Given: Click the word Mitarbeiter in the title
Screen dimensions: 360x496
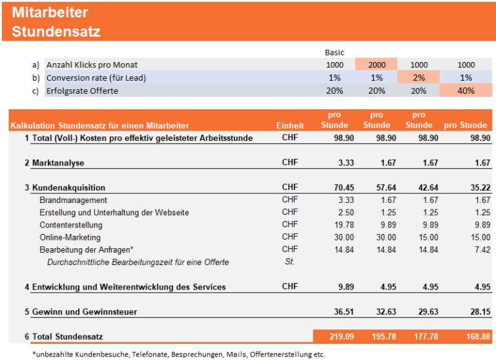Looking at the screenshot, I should click(50, 12).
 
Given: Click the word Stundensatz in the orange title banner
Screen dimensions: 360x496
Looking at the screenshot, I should click(56, 32).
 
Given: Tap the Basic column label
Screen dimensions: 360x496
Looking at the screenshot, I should click(335, 52).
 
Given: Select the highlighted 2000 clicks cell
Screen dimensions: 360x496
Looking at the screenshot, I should click(377, 65).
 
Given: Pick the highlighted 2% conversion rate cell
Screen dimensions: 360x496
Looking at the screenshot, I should click(419, 78).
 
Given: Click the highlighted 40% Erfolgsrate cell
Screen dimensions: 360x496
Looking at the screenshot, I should click(466, 90).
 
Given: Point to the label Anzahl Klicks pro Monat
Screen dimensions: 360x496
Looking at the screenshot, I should click(92, 65).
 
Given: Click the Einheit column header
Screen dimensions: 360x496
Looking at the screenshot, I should click(290, 125).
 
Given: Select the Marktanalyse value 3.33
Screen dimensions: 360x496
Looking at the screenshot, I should click(336, 163).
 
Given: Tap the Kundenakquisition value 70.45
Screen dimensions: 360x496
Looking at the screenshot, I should click(335, 187).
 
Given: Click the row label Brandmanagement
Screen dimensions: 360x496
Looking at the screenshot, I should click(73, 200).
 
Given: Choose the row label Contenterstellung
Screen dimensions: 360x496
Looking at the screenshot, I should click(71, 225).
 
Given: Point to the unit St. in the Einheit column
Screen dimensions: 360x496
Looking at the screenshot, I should click(290, 262).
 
